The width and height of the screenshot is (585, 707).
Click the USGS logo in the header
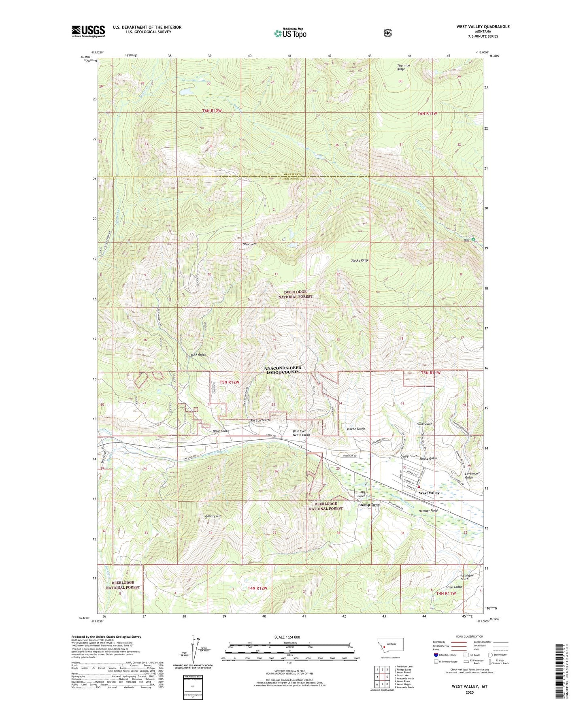click(88, 31)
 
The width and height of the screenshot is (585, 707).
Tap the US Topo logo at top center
click(289, 33)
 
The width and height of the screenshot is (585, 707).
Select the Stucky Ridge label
click(360, 260)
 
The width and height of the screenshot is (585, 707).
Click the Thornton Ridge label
click(403, 67)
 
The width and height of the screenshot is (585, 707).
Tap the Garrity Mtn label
click(213, 516)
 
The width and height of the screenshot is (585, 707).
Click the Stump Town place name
click(369, 505)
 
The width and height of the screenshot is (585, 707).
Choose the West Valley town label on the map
click(429, 493)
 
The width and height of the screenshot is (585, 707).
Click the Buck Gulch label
click(198, 355)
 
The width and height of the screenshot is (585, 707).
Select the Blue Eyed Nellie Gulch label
click(301, 433)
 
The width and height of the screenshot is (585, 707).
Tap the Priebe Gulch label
click(356, 429)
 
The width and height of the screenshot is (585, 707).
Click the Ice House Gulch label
click(466, 577)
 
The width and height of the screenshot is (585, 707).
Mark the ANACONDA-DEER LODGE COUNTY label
click(283, 370)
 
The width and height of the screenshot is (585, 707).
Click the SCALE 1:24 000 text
click(287, 637)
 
